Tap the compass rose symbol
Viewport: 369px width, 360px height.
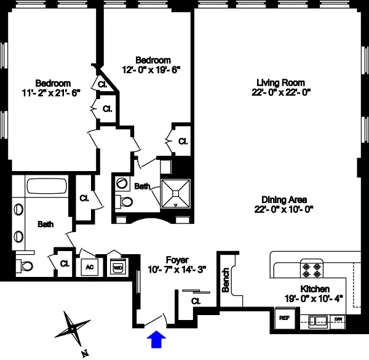coord(71,330)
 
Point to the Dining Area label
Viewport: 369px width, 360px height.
coord(284,199)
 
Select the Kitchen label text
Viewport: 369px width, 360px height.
coord(315,289)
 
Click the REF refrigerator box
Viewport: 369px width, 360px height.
coord(284,319)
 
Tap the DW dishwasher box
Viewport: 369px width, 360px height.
coord(338,319)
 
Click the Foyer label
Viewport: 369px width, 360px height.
coord(177,260)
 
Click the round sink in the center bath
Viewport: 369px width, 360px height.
coord(121,183)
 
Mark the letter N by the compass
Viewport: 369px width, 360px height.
coord(84,353)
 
